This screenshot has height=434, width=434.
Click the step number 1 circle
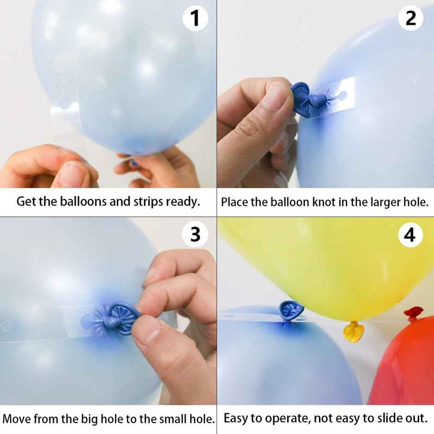tap(195, 19)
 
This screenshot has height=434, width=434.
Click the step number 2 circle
tap(410, 18)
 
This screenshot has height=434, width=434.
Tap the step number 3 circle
tap(195, 235)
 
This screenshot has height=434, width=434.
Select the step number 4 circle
tap(410, 235)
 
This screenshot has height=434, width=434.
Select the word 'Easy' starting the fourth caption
tap(235, 418)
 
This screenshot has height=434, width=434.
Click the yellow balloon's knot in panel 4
tap(354, 330)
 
